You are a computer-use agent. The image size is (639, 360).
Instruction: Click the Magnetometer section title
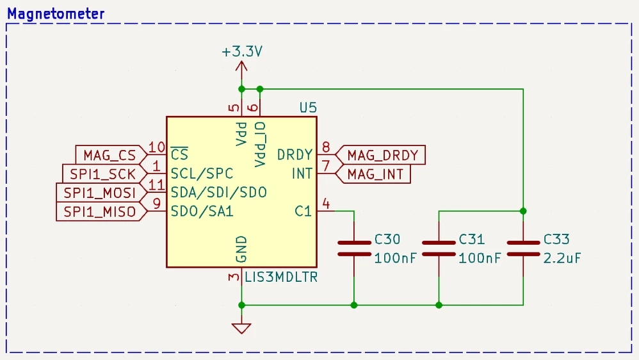(x=56, y=14)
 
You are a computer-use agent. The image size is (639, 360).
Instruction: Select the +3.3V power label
(x=242, y=52)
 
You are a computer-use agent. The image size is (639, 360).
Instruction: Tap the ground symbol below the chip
(x=241, y=328)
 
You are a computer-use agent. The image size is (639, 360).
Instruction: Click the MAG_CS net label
(x=109, y=155)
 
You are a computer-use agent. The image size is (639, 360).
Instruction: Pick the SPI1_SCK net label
(x=102, y=174)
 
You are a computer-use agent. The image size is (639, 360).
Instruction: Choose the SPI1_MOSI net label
(x=99, y=193)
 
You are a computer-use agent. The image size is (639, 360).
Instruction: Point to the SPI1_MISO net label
(x=99, y=211)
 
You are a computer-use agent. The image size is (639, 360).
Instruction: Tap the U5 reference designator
(x=308, y=108)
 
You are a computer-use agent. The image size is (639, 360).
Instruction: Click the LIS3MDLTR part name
(x=281, y=277)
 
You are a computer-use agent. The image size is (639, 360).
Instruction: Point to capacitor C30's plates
(x=354, y=249)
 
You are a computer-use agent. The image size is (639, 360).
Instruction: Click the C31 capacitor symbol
(x=439, y=249)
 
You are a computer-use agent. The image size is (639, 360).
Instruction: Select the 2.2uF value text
(x=562, y=258)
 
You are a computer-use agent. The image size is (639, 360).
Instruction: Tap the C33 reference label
(x=556, y=240)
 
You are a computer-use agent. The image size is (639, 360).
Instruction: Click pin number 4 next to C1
(x=326, y=204)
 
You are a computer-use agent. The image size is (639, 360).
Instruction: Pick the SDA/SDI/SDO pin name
(x=219, y=192)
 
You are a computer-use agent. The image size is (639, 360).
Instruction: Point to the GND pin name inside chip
(x=241, y=249)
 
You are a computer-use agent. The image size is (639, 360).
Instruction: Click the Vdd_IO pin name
(x=260, y=144)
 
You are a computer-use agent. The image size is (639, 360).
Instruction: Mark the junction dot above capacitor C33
(x=523, y=211)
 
